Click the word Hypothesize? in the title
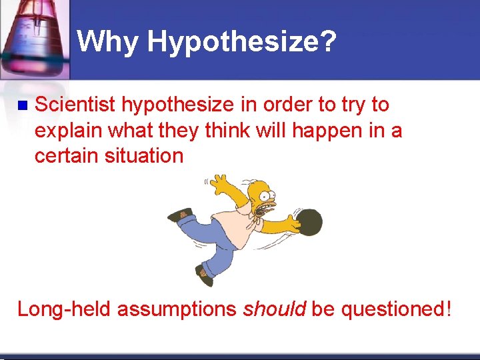(242, 43)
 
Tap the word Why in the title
(108, 42)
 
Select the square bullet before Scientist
(22, 105)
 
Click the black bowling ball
(309, 223)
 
